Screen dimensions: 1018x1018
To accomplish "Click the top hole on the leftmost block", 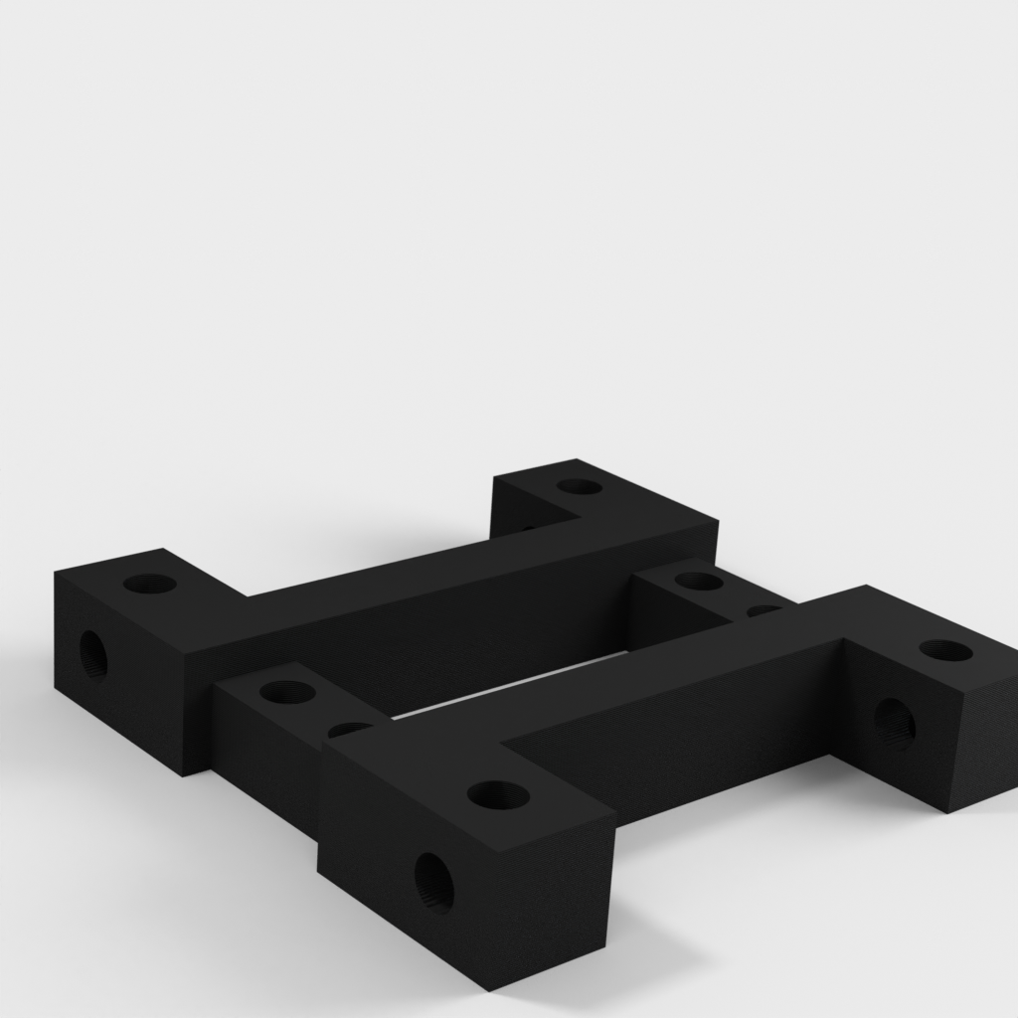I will point(150,584).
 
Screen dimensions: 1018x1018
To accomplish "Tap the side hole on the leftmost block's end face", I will point(93,653).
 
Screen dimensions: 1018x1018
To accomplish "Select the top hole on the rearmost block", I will point(579,487).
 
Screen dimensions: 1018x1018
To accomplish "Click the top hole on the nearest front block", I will point(497,794).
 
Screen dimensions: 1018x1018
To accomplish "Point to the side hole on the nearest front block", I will point(433,881).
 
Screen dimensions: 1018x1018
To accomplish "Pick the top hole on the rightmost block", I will point(945,651).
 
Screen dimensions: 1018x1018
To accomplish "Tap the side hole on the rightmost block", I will point(894,723).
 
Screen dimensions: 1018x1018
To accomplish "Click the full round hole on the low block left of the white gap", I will point(286,691).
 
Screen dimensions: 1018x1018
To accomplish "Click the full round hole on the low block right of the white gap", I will point(699,581).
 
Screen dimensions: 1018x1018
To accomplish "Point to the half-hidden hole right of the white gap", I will point(763,610).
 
